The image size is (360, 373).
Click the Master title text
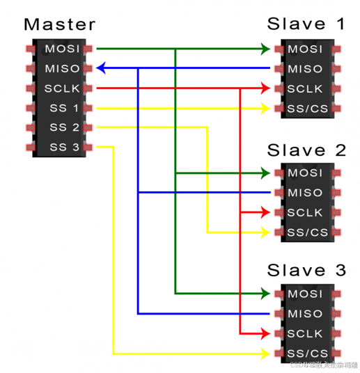59,24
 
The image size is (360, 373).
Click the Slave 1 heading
306,24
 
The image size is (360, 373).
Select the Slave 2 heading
306,150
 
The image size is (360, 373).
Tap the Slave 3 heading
306,271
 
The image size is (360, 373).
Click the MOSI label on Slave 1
305,49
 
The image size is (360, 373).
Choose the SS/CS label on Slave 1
306,109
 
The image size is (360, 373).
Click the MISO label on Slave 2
305,192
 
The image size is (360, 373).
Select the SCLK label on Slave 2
305,212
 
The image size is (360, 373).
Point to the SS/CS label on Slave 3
306,354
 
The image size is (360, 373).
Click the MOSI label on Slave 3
305,294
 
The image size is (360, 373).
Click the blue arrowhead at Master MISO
102,68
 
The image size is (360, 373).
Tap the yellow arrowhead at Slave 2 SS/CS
265,232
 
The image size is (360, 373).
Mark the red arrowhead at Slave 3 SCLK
265,333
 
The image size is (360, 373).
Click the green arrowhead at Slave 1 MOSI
265,49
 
